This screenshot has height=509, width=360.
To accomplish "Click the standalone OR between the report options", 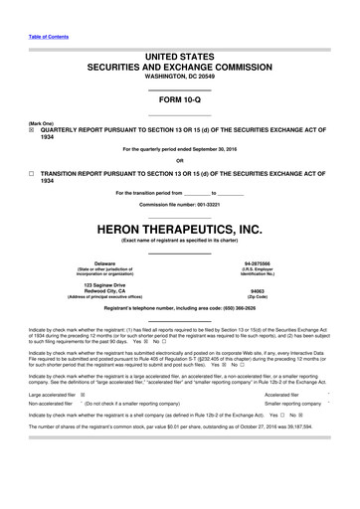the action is pos(180,161).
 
